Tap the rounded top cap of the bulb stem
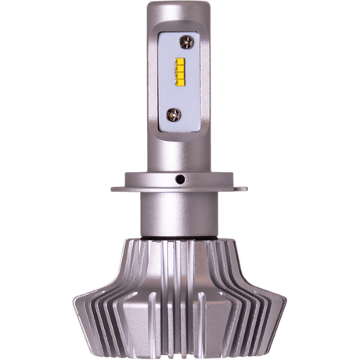click(x=181, y=9)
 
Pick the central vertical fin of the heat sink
click(x=181, y=297)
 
